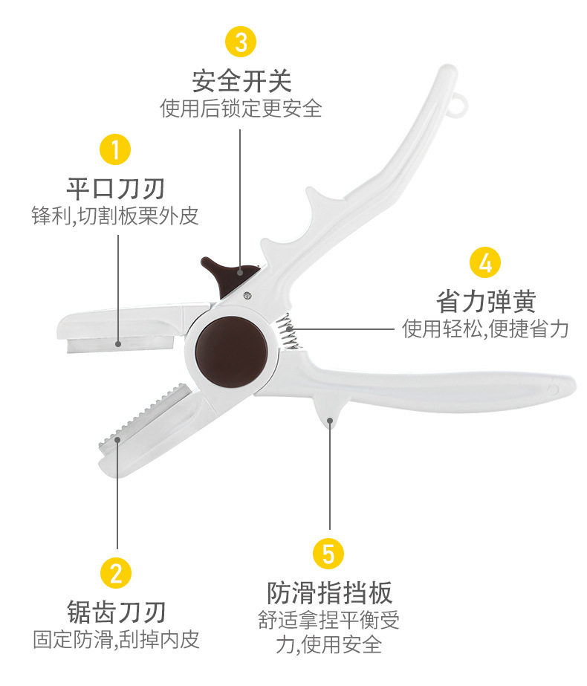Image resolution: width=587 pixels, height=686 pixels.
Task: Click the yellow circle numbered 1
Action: pos(115,149)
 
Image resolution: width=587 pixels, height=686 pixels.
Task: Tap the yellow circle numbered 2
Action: pos(115,572)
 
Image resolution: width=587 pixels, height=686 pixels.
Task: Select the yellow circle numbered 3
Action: pos(241,42)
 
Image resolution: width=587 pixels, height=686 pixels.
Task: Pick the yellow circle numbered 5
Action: pos(328,554)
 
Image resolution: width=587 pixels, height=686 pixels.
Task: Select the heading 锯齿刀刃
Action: pos(116,611)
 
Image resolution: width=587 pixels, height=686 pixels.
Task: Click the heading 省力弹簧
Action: pos(486,301)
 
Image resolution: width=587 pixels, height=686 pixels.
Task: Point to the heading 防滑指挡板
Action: pos(329,592)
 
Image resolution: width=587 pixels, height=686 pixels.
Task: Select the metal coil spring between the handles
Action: pos(288,331)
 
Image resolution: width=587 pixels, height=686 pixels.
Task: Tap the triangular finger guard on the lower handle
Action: pos(330,413)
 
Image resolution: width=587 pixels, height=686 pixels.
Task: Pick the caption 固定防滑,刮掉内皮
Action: pos(116,639)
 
